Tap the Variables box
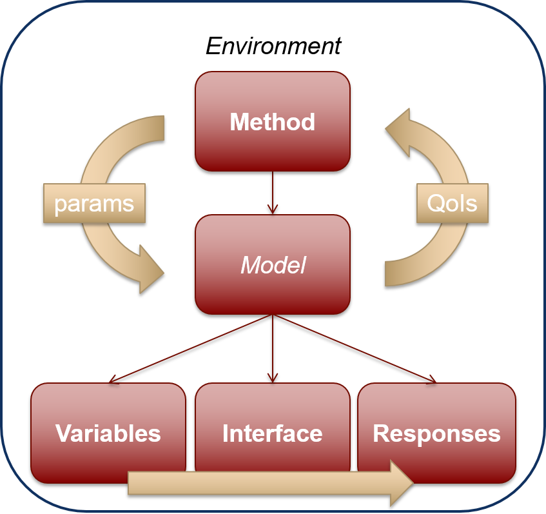(108, 406)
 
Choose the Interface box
(273, 406)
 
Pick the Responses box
(436, 406)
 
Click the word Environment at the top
(273, 46)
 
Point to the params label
(94, 204)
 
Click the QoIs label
(453, 204)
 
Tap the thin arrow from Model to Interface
(273, 348)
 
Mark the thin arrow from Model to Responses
(355, 348)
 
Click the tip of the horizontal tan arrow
(410, 482)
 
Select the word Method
(273, 122)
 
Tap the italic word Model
(273, 265)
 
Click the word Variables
(108, 433)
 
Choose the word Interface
(273, 433)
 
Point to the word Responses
(436, 433)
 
